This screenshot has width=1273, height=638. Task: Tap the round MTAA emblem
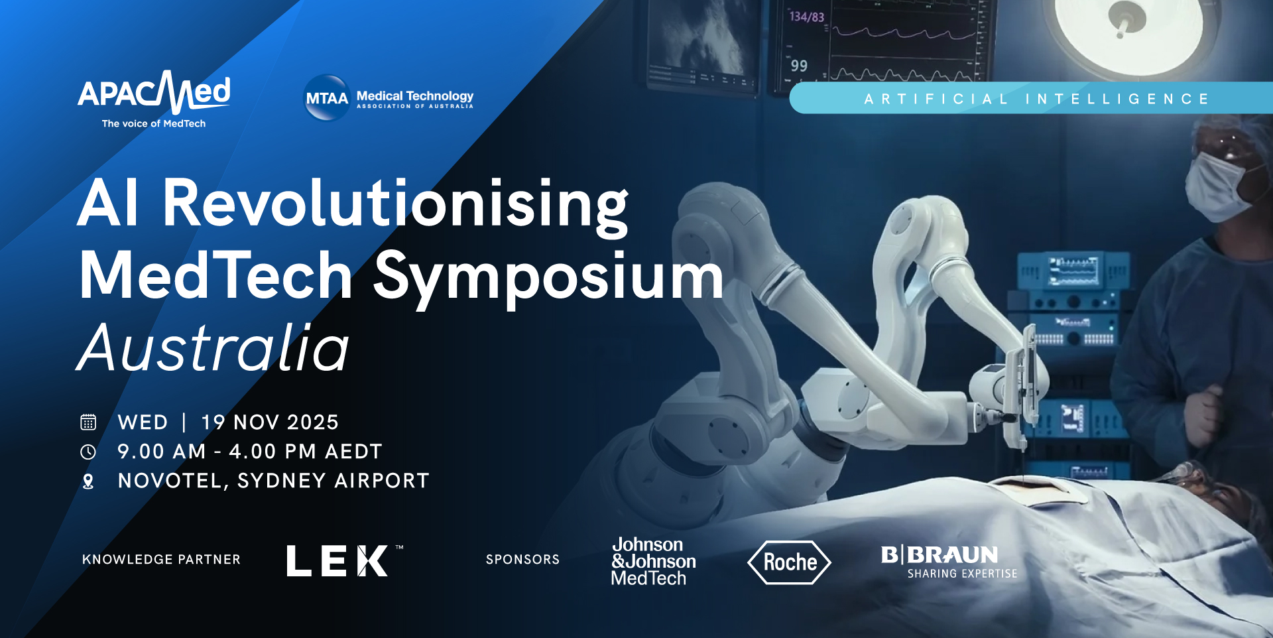coord(326,98)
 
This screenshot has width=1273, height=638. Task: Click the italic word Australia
coord(213,348)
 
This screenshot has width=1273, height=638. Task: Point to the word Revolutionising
coord(395,204)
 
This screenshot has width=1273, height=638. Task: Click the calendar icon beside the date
coord(88,422)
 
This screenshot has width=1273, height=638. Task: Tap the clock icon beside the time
coord(88,452)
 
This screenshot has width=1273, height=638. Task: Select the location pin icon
coord(88,481)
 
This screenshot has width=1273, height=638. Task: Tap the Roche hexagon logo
coord(789,562)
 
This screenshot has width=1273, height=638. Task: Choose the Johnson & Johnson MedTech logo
coord(652,561)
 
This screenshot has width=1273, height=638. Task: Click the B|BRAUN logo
coord(948,561)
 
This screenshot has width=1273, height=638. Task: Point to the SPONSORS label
coord(522,560)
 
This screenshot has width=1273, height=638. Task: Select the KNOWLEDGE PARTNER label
coord(161,560)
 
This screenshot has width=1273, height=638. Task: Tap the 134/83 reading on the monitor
coord(806,17)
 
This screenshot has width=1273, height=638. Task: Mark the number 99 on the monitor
coord(799,66)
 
